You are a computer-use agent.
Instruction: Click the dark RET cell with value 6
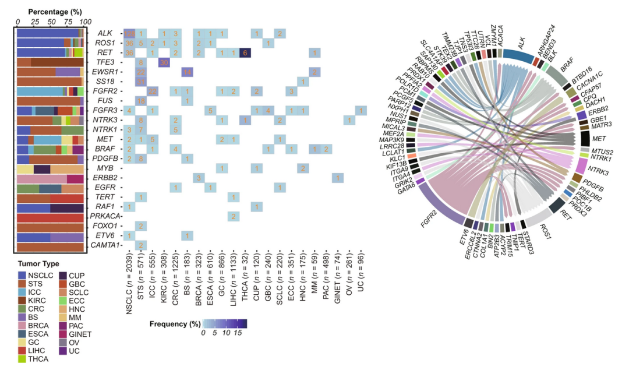coord(245,53)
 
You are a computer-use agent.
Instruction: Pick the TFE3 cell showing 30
coord(164,62)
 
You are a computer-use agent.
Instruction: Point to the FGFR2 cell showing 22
coord(153,91)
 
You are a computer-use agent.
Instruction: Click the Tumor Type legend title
coord(38,263)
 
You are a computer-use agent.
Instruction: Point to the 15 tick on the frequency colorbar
coord(239,333)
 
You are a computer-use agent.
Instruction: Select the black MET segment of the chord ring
coord(586,139)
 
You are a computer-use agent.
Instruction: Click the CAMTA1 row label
coord(105,245)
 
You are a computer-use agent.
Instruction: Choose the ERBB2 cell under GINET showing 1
coord(338,178)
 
